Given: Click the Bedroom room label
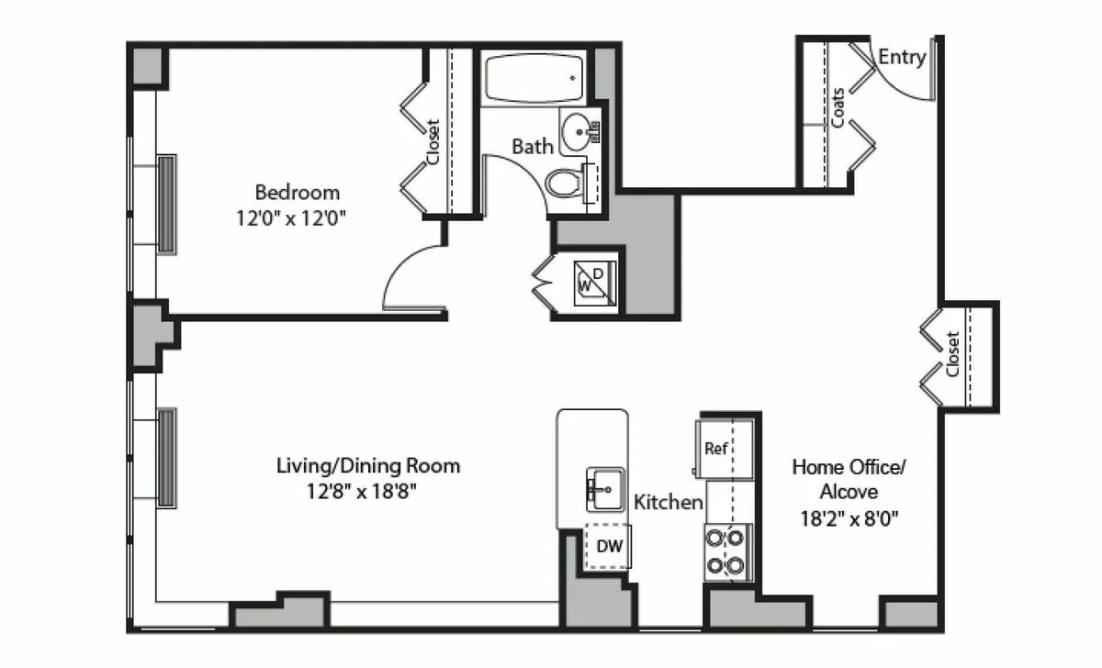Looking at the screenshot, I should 297,193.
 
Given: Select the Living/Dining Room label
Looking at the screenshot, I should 368,466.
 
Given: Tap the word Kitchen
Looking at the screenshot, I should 669,502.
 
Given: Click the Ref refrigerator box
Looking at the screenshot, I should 717,449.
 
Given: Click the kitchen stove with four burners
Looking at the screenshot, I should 725,551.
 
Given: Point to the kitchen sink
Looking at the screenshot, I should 604,490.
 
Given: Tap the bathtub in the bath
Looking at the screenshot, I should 533,79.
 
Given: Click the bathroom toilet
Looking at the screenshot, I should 565,184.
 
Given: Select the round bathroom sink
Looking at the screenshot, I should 578,131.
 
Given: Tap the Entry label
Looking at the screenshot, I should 902,57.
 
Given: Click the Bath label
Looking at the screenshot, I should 533,146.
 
